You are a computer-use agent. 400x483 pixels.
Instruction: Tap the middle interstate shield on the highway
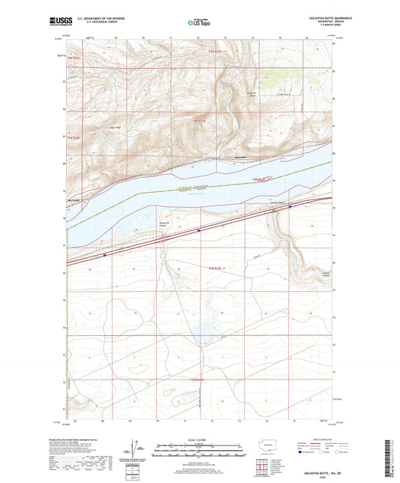click(x=198, y=231)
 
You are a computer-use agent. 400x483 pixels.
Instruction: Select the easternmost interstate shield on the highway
click(x=290, y=208)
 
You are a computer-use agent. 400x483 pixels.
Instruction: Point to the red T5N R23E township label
click(x=216, y=51)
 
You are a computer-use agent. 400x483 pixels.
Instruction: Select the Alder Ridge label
click(x=116, y=127)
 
